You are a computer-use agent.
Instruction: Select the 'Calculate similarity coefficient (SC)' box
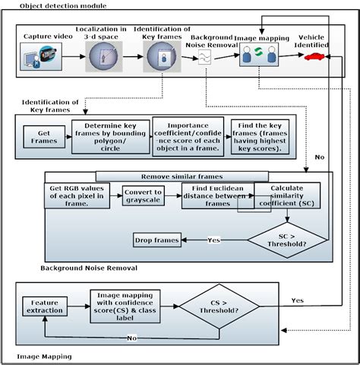coord(287,195)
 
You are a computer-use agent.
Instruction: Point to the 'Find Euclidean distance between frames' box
coord(216,195)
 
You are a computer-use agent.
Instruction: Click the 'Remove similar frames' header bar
coord(185,176)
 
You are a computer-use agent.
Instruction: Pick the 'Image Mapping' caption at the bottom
coord(44,355)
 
